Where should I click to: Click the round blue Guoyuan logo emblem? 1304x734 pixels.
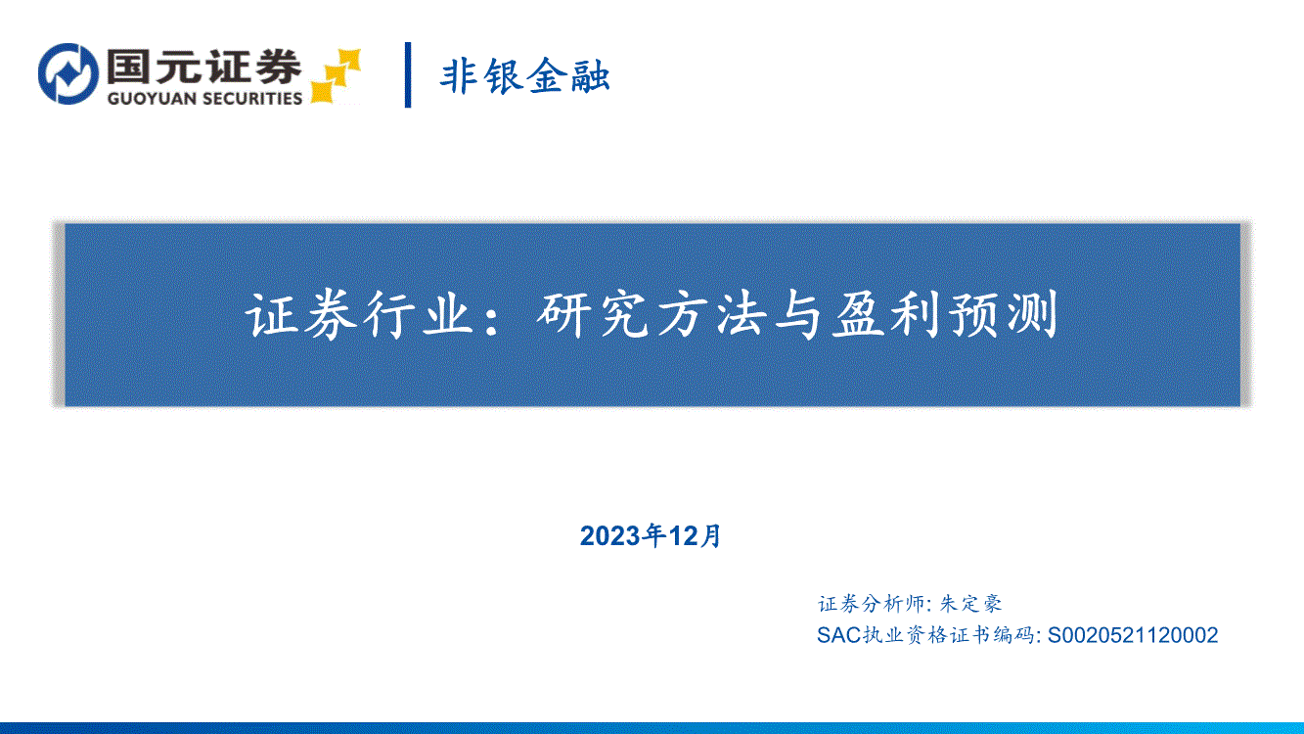pos(68,74)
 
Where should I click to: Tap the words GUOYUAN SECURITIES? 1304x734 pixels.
pos(204,98)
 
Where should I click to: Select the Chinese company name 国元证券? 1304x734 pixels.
pos(204,66)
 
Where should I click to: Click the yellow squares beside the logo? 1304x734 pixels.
pos(336,76)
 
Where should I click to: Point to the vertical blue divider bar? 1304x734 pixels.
pos(408,74)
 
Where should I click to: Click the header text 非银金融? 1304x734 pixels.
pos(524,75)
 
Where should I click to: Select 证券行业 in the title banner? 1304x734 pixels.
pos(359,315)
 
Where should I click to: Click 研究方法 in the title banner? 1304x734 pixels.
pos(651,315)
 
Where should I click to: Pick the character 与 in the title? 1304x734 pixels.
pos(796,315)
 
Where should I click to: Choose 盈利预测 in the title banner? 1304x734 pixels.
pos(944,315)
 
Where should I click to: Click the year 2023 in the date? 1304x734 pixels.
pos(610,536)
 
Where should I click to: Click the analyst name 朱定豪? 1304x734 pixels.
pos(971,604)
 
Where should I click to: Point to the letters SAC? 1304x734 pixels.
pos(839,635)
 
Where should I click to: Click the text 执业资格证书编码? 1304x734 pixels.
pos(949,635)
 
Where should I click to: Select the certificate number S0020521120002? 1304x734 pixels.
pos(1133,635)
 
